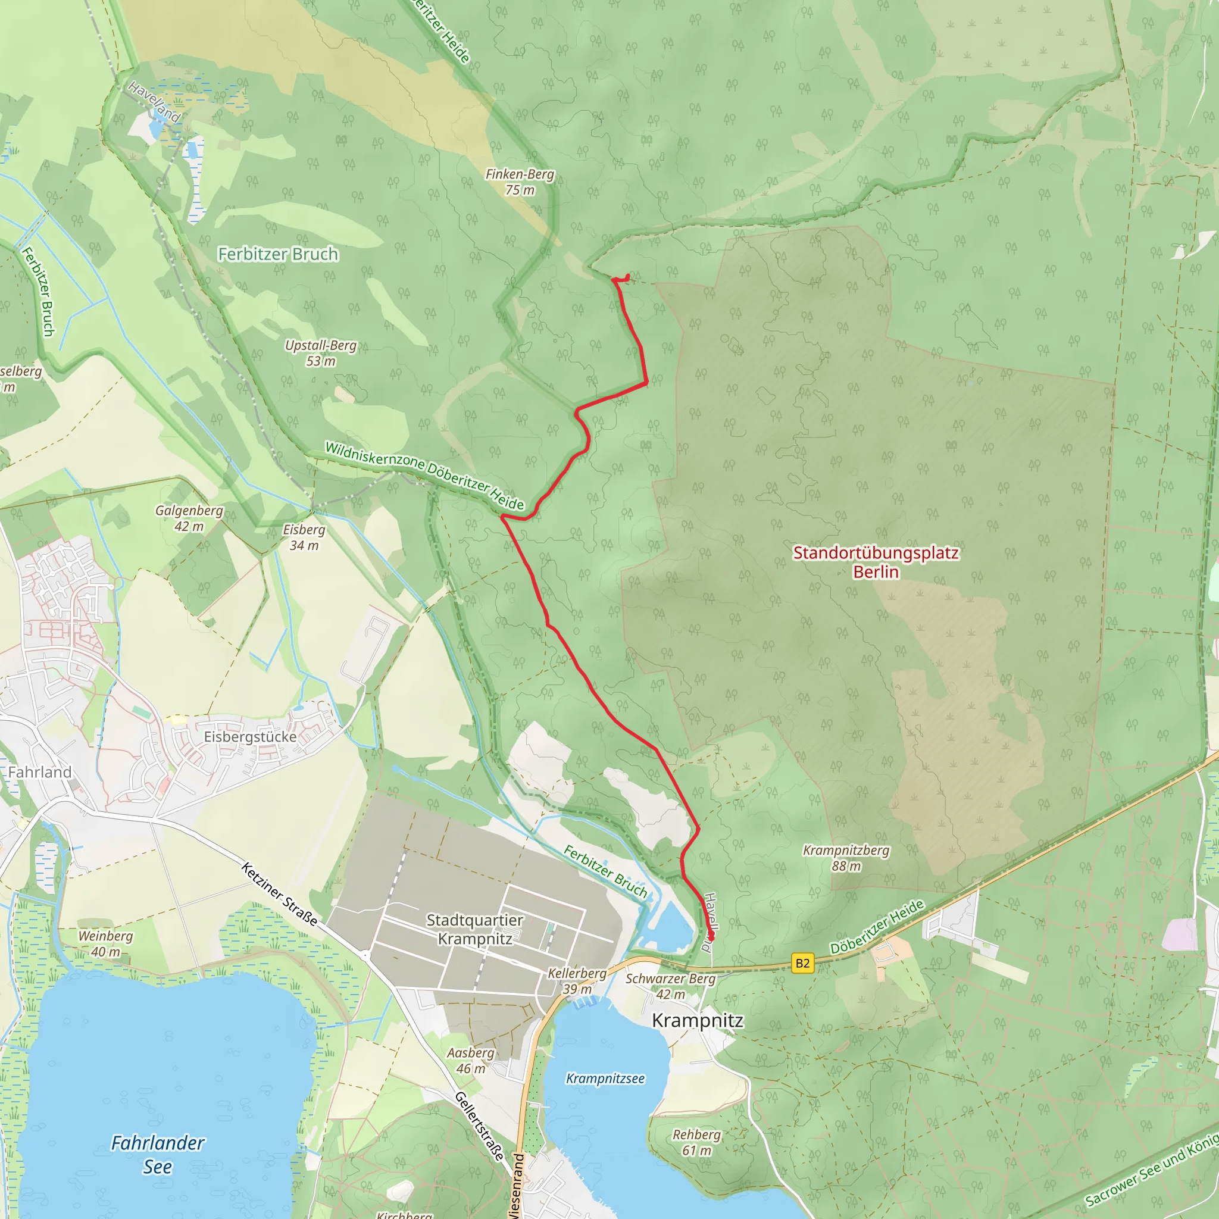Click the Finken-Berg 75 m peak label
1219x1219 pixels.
[519, 182]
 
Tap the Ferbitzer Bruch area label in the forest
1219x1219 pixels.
[277, 254]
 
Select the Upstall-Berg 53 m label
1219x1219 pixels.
[321, 354]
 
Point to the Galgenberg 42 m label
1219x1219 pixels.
[189, 518]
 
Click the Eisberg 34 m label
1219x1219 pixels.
[304, 537]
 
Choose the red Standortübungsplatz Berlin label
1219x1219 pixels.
[875, 562]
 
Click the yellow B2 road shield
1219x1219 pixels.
[802, 964]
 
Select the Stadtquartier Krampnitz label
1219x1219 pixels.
[474, 929]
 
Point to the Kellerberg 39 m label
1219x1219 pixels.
[577, 981]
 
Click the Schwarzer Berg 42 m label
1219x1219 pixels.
[670, 986]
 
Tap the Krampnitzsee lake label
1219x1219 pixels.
[605, 1079]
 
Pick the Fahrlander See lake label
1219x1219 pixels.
[158, 1155]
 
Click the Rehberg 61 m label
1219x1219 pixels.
[696, 1143]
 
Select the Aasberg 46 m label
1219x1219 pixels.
[471, 1061]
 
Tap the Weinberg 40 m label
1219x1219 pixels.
[105, 944]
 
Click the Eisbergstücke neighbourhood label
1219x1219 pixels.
[250, 737]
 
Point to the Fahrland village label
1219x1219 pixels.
[40, 772]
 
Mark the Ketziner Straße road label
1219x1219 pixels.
[279, 895]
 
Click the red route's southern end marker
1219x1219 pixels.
[711, 937]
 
